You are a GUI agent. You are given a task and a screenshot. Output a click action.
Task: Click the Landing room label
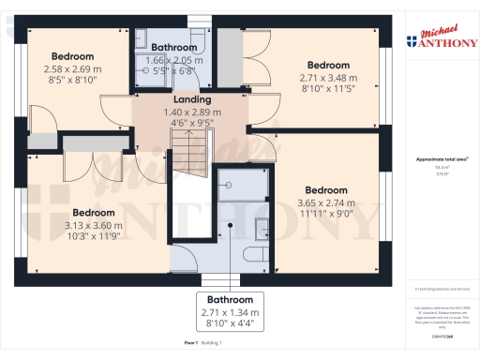pos(191,99)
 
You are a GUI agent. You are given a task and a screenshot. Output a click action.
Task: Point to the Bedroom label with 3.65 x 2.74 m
pos(325,189)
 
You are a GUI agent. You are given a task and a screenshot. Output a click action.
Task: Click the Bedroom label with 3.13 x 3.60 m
pos(94,213)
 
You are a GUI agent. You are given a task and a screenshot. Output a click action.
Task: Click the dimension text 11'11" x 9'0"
pos(325,214)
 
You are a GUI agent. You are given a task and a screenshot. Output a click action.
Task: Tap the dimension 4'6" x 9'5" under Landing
pos(191,122)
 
